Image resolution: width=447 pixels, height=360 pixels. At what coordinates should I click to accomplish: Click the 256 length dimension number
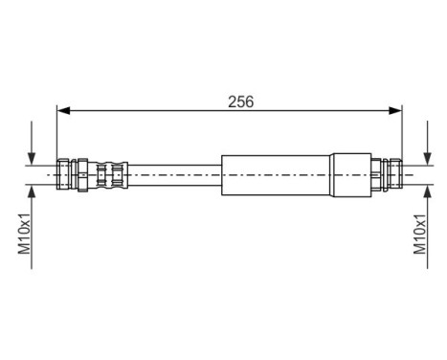[x=241, y=101]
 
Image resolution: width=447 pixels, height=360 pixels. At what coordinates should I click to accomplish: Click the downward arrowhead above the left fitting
[x=34, y=158]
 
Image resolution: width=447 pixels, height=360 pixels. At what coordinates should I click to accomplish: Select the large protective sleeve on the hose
[x=278, y=175]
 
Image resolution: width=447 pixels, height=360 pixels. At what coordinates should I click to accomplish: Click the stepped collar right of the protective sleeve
[x=351, y=175]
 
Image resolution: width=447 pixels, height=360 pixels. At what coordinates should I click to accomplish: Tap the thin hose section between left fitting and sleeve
[x=172, y=175]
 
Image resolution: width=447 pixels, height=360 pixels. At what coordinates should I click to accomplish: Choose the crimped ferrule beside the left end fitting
[x=106, y=175]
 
